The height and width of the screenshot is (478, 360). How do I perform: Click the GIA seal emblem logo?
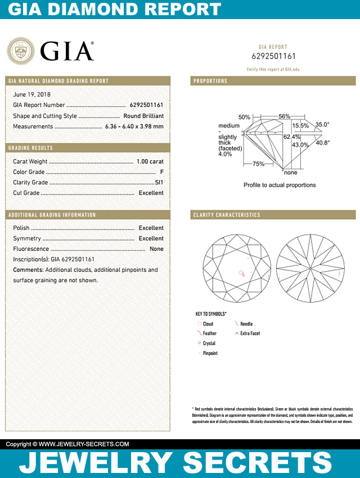[x=21, y=51]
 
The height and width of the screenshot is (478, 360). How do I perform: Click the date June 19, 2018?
[x=31, y=94]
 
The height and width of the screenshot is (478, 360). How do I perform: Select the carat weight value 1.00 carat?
[x=150, y=161]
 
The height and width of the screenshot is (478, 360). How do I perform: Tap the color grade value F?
[x=161, y=172]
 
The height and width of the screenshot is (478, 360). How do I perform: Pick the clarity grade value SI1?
[x=159, y=183]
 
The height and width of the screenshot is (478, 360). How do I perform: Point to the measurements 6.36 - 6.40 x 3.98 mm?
[x=134, y=127]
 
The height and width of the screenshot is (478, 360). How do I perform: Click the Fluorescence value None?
[x=156, y=249]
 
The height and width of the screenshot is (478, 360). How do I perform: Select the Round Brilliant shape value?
[x=143, y=116]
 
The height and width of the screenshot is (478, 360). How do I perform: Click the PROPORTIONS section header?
[x=210, y=81]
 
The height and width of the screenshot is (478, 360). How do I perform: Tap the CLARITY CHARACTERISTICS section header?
[x=227, y=215]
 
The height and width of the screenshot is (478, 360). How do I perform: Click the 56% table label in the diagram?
[x=284, y=116]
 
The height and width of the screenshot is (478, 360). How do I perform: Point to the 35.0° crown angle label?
[x=322, y=125]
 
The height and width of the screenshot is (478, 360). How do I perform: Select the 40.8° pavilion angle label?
[x=322, y=143]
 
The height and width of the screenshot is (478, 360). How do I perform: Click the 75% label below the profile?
[x=259, y=164]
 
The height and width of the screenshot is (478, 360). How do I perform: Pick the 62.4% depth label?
[x=291, y=137]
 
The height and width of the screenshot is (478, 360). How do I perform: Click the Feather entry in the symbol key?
[x=209, y=333]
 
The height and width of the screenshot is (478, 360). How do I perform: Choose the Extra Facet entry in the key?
[x=250, y=333]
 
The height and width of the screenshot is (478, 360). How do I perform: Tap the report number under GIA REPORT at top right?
[x=273, y=56]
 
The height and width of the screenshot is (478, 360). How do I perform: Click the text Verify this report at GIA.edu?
[x=273, y=69]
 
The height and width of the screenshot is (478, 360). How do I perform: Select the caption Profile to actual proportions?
[x=280, y=185]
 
